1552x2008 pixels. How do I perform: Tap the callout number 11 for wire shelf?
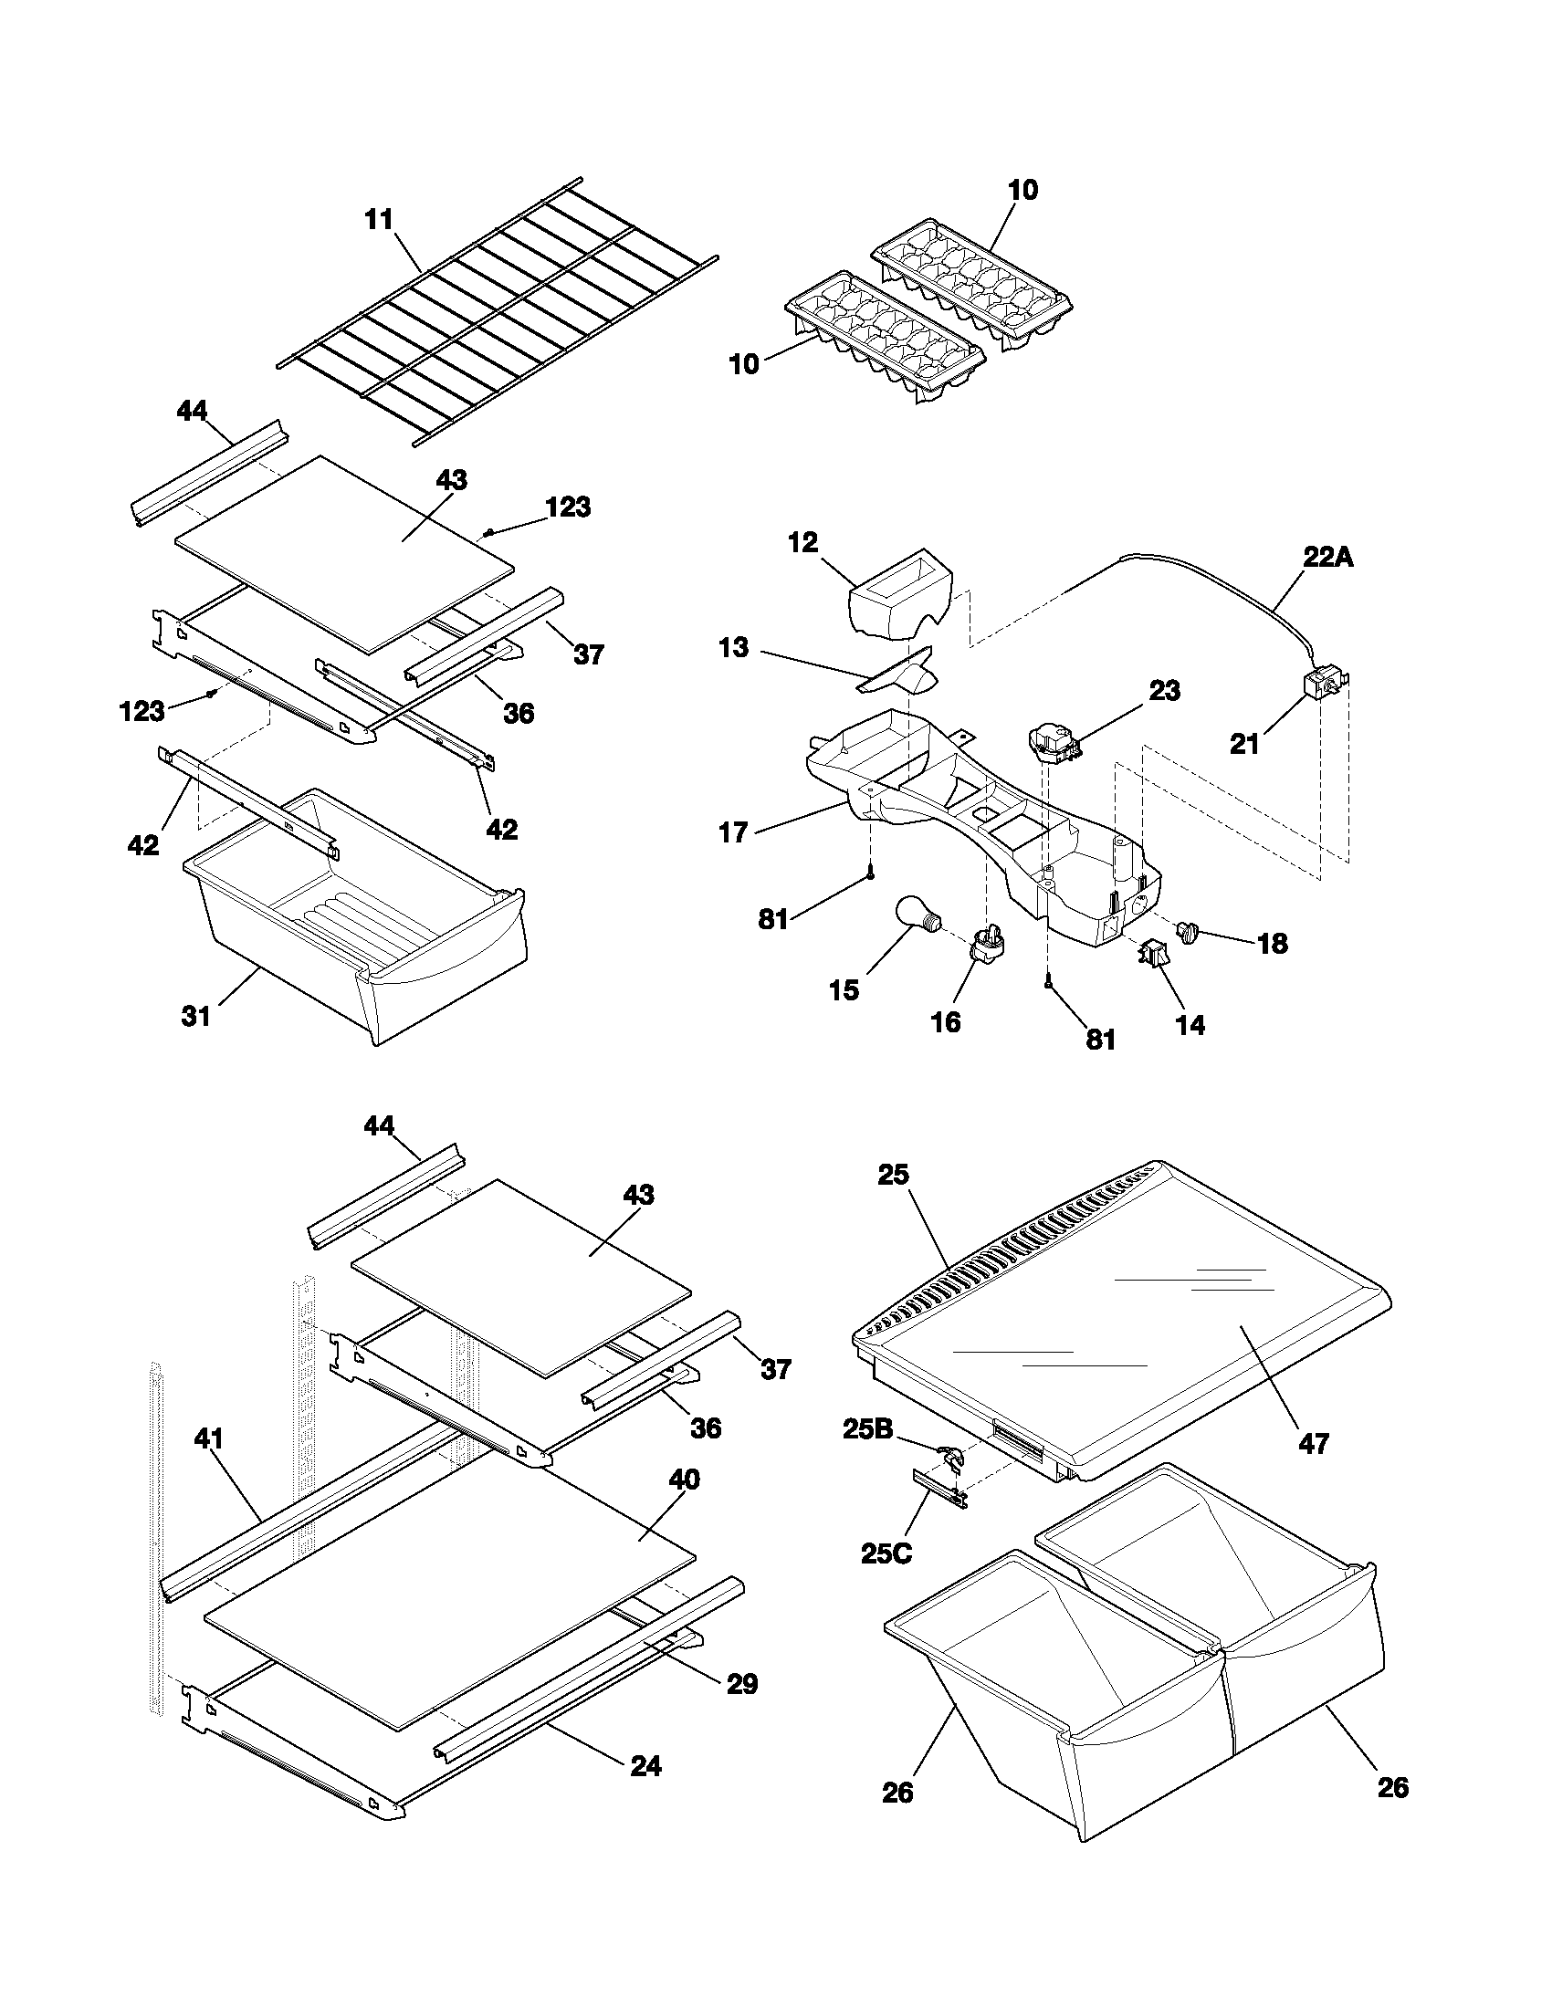pos(379,221)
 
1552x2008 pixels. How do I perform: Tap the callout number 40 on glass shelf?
pos(684,1480)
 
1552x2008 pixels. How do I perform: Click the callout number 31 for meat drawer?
pos(196,1016)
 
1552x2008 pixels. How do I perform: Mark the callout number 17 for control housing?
pos(733,834)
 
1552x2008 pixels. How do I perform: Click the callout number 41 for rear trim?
pos(210,1438)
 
